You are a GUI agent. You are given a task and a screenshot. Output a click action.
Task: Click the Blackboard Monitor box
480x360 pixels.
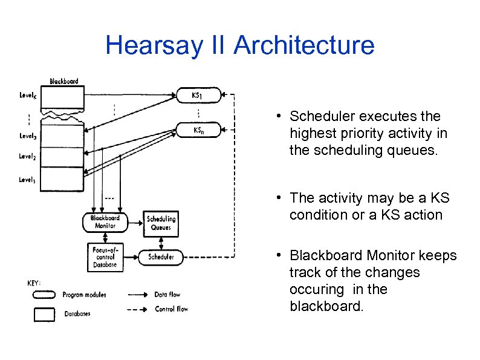(105, 222)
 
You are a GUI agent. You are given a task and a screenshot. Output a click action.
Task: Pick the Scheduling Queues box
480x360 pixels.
(161, 223)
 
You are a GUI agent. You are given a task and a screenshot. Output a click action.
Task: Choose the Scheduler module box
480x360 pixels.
(161, 257)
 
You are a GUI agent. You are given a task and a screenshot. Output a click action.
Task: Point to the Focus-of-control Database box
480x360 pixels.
(105, 257)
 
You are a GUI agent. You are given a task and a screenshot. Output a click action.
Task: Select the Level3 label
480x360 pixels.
(28, 137)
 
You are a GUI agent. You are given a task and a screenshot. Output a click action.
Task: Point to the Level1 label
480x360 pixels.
(28, 179)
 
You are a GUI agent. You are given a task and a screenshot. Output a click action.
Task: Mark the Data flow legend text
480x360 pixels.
(167, 295)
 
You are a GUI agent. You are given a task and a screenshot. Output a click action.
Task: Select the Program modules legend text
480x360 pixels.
(84, 295)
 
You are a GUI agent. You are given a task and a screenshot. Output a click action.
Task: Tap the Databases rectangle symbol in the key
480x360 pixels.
(44, 314)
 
